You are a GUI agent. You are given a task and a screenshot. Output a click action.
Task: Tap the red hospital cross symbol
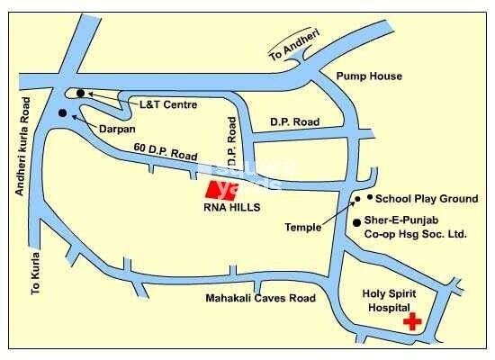413,320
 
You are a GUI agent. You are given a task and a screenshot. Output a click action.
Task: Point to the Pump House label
364,77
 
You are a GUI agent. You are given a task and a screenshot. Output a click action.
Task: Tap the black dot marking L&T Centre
81,93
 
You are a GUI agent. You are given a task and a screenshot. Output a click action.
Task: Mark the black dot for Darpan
61,113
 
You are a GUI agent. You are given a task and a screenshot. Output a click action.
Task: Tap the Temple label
302,228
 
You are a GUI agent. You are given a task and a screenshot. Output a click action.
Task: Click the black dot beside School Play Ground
369,197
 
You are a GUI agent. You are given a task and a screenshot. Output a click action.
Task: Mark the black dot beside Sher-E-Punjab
357,221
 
